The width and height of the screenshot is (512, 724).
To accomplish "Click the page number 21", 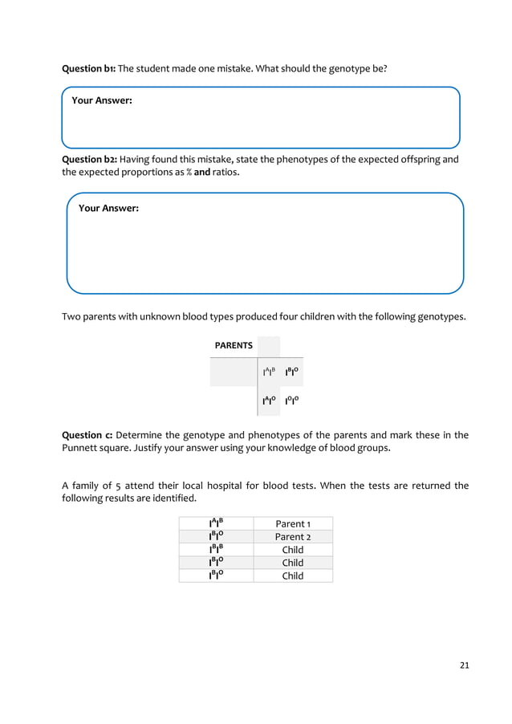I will [463, 665].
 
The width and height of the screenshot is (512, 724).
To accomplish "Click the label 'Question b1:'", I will [89, 69].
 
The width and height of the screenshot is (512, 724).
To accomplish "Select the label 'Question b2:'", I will [90, 159].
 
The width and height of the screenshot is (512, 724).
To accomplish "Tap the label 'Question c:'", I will [87, 436].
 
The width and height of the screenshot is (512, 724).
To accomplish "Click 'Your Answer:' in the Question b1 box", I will [102, 101].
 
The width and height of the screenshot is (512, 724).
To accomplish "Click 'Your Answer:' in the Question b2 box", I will [108, 208].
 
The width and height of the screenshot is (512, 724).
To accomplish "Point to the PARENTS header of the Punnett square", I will [233, 345].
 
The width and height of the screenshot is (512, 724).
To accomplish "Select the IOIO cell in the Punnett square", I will [293, 401].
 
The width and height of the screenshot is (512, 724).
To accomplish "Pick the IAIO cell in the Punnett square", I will [270, 401].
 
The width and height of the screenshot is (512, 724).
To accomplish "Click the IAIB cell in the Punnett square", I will [269, 372].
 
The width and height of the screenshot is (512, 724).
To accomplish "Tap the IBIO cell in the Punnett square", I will [293, 372].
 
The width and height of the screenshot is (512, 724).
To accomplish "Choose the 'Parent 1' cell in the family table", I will [293, 524].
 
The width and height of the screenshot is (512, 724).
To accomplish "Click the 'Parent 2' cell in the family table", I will [293, 537].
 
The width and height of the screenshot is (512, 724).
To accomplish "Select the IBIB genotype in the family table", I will [216, 550].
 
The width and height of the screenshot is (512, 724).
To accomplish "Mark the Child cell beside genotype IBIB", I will [293, 550].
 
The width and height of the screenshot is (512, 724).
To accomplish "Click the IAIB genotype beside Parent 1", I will [216, 524].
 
